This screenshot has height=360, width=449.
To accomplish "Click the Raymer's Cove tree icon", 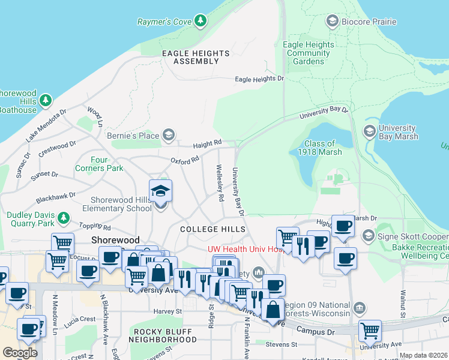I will click(x=200, y=22).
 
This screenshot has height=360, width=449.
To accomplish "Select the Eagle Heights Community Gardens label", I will click(x=309, y=53).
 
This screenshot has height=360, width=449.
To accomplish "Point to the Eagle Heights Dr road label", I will click(x=259, y=79).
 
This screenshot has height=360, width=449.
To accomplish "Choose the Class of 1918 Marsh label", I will click(x=320, y=148).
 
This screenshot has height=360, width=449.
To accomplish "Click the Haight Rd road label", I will click(x=207, y=144).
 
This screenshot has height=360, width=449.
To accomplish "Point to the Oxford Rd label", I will click(x=184, y=160).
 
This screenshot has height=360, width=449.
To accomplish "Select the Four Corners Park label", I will click(x=107, y=164).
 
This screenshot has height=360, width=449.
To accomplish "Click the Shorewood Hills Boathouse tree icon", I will click(x=45, y=101).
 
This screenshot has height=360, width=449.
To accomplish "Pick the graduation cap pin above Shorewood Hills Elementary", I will click(x=160, y=191).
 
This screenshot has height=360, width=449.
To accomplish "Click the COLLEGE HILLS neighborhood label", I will click(x=212, y=229).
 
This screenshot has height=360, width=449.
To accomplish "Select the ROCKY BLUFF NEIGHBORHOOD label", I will click(x=164, y=335).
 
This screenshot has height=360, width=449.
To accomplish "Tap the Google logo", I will click(x=20, y=352).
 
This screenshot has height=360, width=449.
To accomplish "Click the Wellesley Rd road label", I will click(x=220, y=184).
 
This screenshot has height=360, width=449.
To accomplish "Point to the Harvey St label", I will click(x=167, y=311).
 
